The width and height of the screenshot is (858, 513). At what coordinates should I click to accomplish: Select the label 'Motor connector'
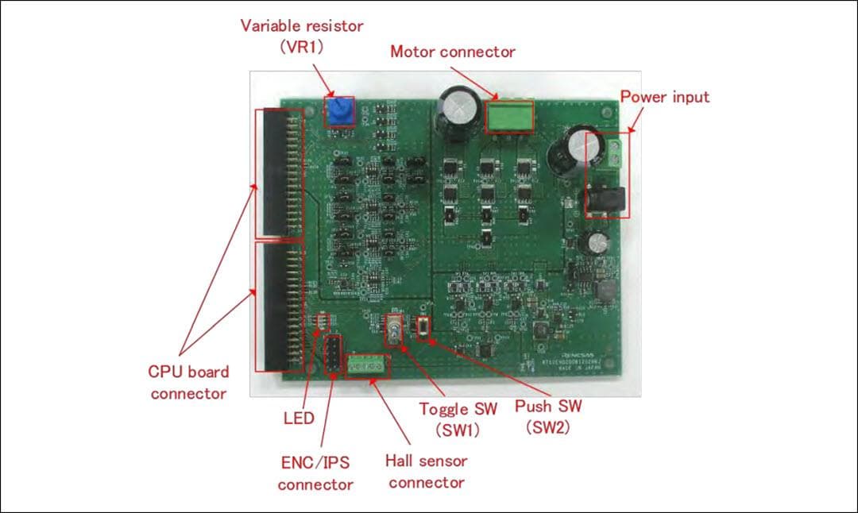[x=452, y=52]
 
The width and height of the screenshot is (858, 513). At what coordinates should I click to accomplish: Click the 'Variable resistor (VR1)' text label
[x=301, y=36]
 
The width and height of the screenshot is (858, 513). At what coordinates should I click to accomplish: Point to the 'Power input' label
[x=664, y=97]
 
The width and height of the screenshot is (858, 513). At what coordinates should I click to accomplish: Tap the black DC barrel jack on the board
[x=609, y=195]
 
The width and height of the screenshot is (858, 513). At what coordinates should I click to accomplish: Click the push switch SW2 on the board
[x=423, y=327]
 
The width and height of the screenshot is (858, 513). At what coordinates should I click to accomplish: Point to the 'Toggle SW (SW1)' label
[x=458, y=418]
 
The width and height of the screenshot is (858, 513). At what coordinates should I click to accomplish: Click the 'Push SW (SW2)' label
[x=548, y=416]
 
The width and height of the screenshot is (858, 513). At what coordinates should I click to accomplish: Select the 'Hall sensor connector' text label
[x=427, y=471]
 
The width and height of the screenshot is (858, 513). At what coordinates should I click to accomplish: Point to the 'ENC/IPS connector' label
[x=315, y=472]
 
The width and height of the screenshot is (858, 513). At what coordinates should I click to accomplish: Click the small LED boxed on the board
[x=323, y=322]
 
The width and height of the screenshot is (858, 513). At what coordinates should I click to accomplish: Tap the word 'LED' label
[x=299, y=418]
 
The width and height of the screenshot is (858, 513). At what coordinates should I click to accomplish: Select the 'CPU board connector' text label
[x=188, y=382]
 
